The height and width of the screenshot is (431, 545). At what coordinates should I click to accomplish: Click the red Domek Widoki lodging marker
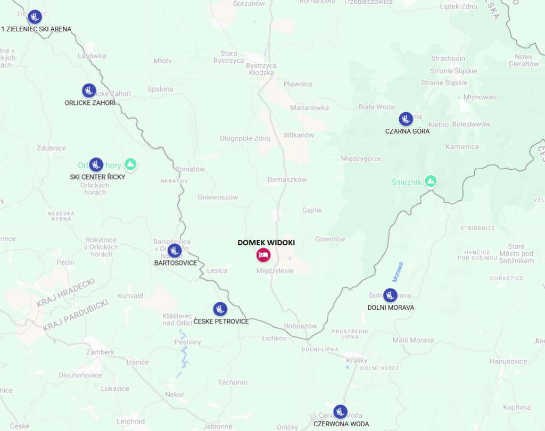coord(263,255)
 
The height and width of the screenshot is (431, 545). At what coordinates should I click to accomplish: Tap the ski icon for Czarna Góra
coord(406,119)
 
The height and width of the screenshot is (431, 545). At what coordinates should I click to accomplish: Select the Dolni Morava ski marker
coord(390,295)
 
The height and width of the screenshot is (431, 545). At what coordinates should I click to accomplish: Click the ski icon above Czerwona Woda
coord(340,411)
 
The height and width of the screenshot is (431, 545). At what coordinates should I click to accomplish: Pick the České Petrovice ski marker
coord(220,309)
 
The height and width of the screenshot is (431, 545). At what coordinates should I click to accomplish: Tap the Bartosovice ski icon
coord(175,250)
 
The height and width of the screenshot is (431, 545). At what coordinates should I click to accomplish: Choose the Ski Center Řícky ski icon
coord(96,164)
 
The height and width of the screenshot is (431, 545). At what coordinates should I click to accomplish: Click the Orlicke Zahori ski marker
coord(89,90)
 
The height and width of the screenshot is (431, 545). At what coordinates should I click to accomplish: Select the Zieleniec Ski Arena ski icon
coord(35,16)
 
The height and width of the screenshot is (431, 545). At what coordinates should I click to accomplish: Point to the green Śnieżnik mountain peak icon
coord(432,181)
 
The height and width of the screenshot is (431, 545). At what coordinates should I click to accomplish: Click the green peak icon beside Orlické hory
coord(130,164)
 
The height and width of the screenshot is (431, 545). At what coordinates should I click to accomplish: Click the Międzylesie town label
coord(275,271)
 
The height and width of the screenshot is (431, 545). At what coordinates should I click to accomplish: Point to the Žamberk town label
coord(101,352)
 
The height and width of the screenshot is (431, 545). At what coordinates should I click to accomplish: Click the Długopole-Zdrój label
coord(245,138)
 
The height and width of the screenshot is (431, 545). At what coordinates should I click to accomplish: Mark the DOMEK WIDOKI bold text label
coord(266,242)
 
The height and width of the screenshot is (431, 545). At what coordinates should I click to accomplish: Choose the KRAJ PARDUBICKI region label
coord(76,316)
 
